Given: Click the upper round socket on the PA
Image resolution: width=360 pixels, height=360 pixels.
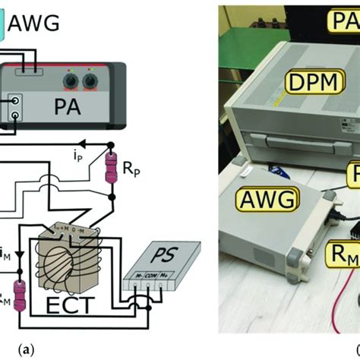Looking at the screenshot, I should (x=16, y=100).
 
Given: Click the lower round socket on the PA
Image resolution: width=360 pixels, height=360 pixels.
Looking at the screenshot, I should (x=16, y=115).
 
